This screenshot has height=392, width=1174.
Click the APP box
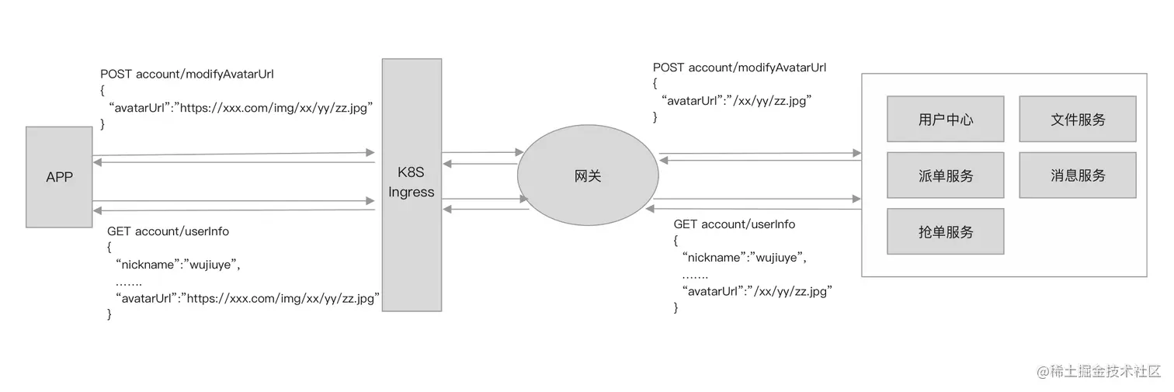[x=59, y=177]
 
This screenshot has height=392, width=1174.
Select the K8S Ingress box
[x=412, y=184]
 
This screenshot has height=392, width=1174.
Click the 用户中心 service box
[x=945, y=120]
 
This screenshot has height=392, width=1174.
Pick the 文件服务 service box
[x=1078, y=120]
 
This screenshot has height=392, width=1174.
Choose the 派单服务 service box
[x=945, y=175]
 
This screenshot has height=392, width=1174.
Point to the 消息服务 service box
[x=1078, y=175]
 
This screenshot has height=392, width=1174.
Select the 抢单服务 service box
[x=945, y=231]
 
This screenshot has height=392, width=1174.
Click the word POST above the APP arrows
[x=116, y=75]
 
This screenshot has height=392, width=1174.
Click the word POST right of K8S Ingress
[x=669, y=68]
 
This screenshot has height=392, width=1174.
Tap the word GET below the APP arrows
[x=119, y=231]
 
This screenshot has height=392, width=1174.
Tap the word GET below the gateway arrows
[x=686, y=224]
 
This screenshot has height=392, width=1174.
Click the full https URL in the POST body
[x=278, y=108]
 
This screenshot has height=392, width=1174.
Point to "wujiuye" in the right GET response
[x=775, y=257]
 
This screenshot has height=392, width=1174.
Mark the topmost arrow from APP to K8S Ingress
[x=233, y=154]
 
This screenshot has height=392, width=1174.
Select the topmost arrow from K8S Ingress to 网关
[x=481, y=153]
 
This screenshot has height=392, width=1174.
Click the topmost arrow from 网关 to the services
[x=759, y=153]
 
